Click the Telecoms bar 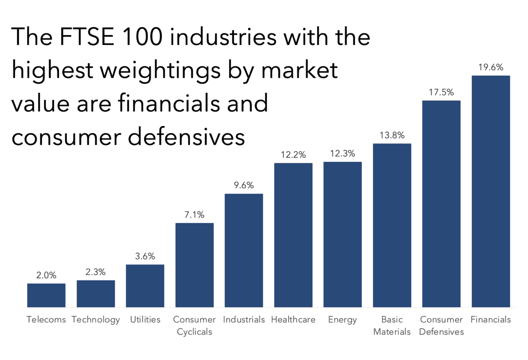46,295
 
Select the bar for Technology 95,294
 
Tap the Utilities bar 145,286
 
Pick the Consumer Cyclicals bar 194,265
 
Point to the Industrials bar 244,250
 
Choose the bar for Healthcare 293,235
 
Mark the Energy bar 342,235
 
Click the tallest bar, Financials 491,191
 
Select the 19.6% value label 491,68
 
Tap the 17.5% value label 441,93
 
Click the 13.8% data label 392,136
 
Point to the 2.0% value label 46,276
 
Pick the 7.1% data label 194,215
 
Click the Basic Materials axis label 392,326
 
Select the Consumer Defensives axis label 441,326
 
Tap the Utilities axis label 145,320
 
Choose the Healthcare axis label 293,320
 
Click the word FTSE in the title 93,37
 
